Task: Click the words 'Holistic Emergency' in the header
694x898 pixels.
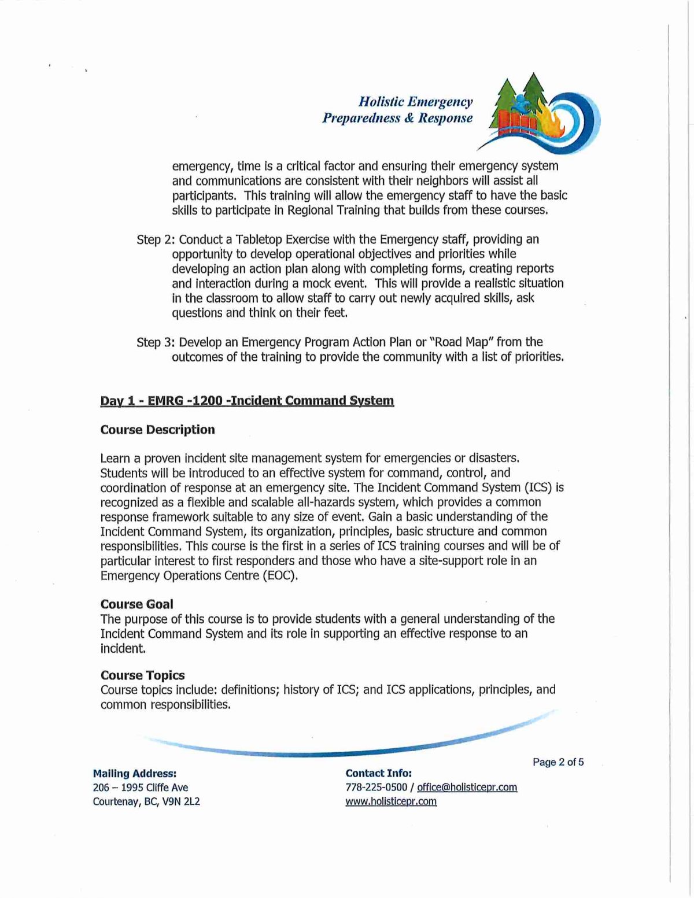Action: coord(415,102)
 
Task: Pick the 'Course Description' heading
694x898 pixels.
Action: coord(157,430)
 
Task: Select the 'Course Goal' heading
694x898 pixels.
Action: coord(136,604)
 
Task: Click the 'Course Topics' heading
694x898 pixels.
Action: coord(142,675)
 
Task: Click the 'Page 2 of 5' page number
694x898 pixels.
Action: coord(558,762)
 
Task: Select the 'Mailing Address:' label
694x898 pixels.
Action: coord(134,774)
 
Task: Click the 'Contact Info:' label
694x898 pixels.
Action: coord(378,774)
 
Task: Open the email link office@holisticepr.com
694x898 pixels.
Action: coord(467,788)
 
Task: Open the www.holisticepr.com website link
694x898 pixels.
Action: coord(391,801)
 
